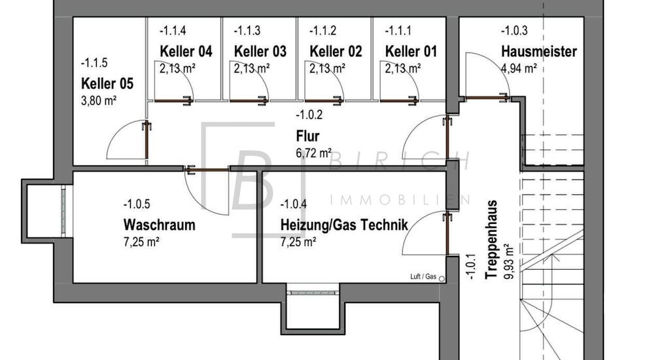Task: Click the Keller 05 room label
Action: [107, 83]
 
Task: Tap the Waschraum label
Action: [160, 225]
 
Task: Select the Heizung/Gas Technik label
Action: [344, 225]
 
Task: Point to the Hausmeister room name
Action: [539, 52]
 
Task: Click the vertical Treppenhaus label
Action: [492, 240]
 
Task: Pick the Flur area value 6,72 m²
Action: [313, 153]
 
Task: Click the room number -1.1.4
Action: [173, 31]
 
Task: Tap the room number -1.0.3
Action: [514, 31]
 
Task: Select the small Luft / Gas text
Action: [423, 277]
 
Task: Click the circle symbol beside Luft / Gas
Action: [442, 279]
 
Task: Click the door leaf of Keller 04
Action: [173, 101]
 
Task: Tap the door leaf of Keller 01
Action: [398, 101]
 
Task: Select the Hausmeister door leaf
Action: [487, 98]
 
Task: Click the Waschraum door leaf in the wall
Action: [207, 170]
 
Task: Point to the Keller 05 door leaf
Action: [147, 141]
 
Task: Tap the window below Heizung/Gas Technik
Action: [313, 293]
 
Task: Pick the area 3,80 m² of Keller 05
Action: [99, 101]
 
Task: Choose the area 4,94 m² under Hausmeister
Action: [519, 68]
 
